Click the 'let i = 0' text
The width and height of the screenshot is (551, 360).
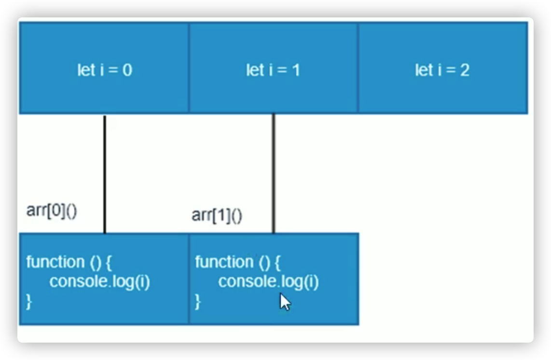105,70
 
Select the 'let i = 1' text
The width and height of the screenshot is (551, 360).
273,70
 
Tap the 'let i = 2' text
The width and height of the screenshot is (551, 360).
442,70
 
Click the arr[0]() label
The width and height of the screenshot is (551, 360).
52,211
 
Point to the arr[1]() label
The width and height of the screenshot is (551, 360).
217,215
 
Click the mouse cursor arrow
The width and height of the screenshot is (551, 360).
285,302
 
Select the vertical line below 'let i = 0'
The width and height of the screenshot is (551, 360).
105,174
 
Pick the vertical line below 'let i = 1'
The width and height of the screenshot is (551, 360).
274,174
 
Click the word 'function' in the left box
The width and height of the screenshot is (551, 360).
55,262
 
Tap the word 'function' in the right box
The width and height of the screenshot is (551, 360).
224,262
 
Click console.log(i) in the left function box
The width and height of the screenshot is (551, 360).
100,282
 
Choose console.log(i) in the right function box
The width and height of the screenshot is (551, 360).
269,282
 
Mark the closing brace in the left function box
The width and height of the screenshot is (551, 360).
29,302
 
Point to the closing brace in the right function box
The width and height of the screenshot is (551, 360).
198,302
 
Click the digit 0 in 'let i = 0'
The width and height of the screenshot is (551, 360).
127,70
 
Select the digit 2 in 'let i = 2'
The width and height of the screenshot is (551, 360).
464,70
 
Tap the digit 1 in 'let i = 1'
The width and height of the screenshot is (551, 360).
296,70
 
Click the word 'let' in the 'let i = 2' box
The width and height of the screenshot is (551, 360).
424,70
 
